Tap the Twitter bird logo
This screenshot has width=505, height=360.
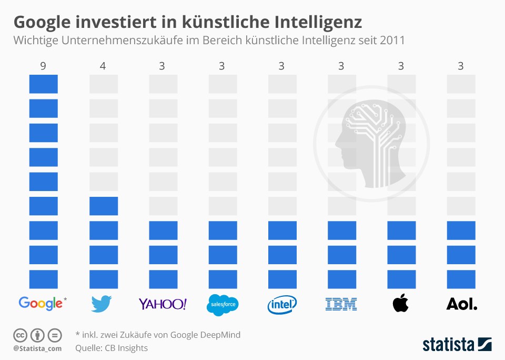[103, 304]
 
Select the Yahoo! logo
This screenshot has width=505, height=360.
[163, 304]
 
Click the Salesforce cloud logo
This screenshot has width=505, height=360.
[223, 305]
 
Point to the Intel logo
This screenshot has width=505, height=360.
[282, 304]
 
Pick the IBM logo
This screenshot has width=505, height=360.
[341, 304]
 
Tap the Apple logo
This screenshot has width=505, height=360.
[401, 303]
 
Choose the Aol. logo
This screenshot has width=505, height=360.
[461, 304]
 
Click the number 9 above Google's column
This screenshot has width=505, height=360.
[43, 66]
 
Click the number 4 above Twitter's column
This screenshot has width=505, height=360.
[103, 66]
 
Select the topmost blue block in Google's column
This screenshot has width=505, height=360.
[43, 84]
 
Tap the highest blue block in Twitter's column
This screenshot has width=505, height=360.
[103, 206]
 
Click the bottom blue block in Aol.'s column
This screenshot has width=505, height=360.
[461, 279]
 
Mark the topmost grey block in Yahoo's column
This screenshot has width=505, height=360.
[163, 84]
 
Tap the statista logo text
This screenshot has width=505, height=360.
[447, 345]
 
